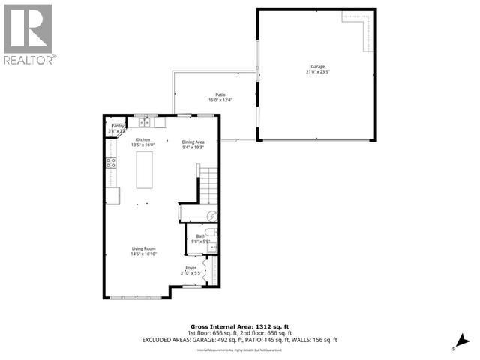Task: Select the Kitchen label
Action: (x=142, y=140)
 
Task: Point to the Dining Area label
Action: (x=193, y=142)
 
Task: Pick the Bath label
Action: (x=201, y=236)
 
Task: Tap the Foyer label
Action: (x=191, y=267)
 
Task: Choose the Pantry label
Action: (x=118, y=127)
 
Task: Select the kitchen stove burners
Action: (x=111, y=163)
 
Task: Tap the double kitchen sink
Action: (x=144, y=122)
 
